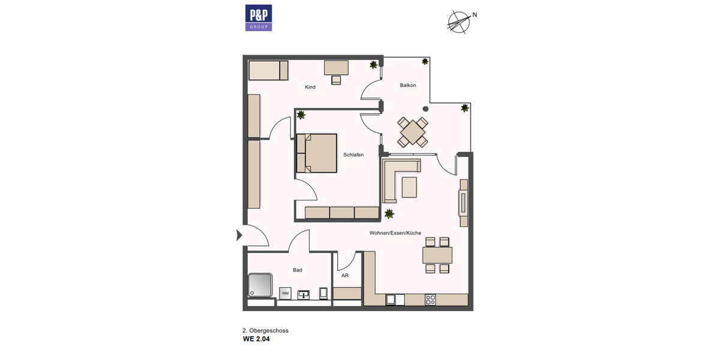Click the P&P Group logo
(259, 17)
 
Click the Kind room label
(310, 88)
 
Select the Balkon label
(408, 86)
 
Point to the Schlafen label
(353, 155)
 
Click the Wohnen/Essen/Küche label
(395, 233)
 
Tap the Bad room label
(298, 270)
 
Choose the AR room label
(345, 277)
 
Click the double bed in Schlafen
(317, 153)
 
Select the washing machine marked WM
(285, 293)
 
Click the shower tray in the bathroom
(261, 285)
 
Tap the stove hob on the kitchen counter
(430, 299)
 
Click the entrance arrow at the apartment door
(239, 235)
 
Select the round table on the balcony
(413, 132)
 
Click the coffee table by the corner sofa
(410, 187)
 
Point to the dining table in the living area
(437, 255)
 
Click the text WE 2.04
(256, 339)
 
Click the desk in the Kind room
(336, 68)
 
